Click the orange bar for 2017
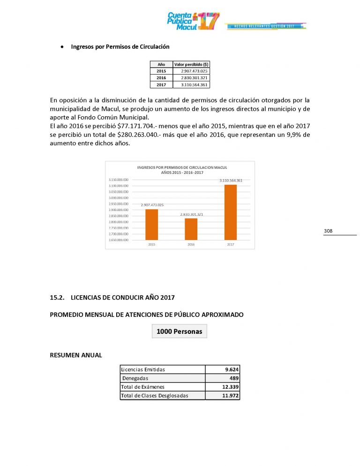coord(231,212)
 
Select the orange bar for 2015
coord(151,224)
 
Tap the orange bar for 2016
coord(191,229)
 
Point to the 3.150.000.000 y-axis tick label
coord(119,180)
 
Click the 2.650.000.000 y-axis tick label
coord(119,240)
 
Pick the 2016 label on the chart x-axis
coord(191,245)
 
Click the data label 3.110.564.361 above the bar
coord(231,180)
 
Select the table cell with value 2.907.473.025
coord(191,71)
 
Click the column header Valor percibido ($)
coord(191,64)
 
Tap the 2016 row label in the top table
coord(161,78)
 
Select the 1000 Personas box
coord(180,331)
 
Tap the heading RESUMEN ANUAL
coord(75,355)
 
